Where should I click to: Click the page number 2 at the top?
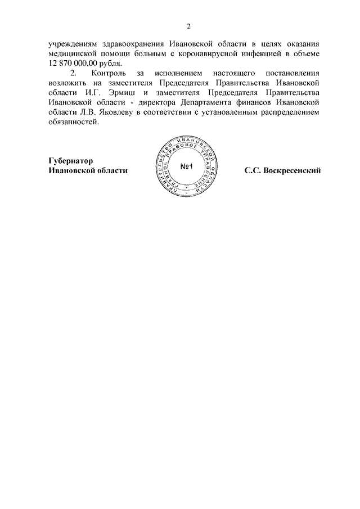pos(189,25)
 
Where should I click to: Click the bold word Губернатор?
pos(71,160)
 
